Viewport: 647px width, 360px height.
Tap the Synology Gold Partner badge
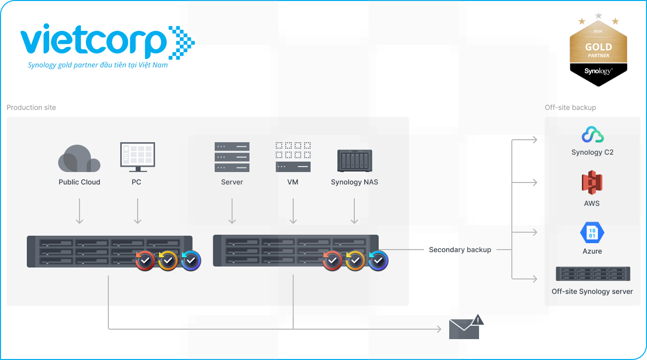[598, 52]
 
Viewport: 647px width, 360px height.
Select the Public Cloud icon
[79, 158]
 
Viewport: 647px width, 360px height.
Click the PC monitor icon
[137, 155]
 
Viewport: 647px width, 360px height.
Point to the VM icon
[293, 157]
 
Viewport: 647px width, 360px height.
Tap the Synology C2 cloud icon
[592, 135]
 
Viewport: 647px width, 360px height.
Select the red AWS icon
[592, 183]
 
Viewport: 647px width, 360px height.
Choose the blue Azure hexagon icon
[592, 232]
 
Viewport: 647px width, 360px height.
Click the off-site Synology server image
[593, 274]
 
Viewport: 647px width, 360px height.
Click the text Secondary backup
[460, 250]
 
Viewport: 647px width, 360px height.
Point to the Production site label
[31, 107]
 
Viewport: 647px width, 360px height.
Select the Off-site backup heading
[570, 107]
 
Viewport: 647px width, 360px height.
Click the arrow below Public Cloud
[80, 211]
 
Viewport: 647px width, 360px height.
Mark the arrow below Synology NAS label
[354, 211]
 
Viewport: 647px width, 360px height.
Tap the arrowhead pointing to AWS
[534, 182]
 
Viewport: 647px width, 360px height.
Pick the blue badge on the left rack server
[191, 260]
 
